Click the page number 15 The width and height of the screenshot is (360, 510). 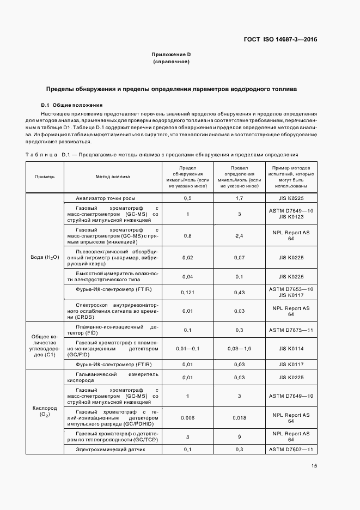click(x=314, y=465)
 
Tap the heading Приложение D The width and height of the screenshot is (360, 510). click(x=171, y=54)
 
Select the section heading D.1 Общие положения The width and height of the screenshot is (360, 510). click(x=71, y=105)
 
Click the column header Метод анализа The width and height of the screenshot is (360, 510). click(x=113, y=177)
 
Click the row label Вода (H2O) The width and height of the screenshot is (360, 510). click(x=45, y=257)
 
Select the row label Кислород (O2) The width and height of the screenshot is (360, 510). click(x=45, y=411)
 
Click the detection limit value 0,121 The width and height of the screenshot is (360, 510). click(x=187, y=292)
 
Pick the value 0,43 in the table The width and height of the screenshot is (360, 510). click(x=239, y=292)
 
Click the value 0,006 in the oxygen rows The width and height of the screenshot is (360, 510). click(x=187, y=418)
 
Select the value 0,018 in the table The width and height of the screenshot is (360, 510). click(x=239, y=418)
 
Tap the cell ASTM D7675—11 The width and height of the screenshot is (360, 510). click(x=291, y=330)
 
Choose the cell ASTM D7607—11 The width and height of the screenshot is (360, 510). click(x=291, y=449)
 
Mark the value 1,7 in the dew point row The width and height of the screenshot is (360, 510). click(x=239, y=198)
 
